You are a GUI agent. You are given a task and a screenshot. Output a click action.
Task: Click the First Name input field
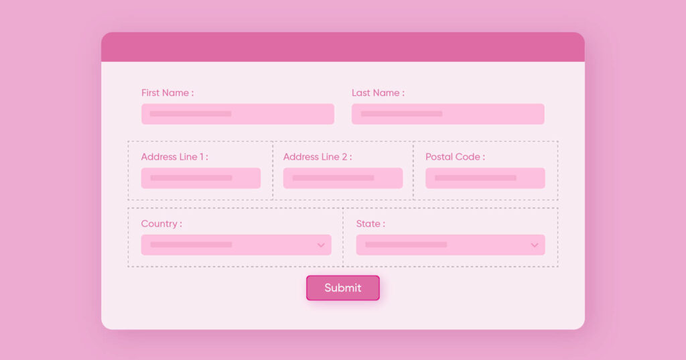pyautogui.click(x=238, y=114)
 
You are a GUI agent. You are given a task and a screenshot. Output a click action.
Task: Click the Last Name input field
pyautogui.click(x=448, y=114)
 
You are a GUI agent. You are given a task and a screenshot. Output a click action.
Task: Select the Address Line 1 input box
pyautogui.click(x=201, y=178)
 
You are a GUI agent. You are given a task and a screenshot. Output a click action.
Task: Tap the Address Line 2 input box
pyautogui.click(x=343, y=178)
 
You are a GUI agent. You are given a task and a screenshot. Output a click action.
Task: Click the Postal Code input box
pyautogui.click(x=485, y=178)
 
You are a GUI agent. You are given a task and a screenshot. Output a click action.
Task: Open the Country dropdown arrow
pyautogui.click(x=321, y=245)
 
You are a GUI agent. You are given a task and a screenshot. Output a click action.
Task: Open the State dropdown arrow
pyautogui.click(x=534, y=245)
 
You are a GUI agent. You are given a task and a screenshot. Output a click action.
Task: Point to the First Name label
pyautogui.click(x=167, y=93)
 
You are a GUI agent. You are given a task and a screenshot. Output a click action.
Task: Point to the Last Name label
pyautogui.click(x=378, y=93)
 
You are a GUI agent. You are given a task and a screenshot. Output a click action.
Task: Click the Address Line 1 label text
pyautogui.click(x=175, y=157)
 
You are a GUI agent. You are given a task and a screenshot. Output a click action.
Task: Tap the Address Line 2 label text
pyautogui.click(x=318, y=157)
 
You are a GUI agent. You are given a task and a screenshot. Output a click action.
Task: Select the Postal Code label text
pyautogui.click(x=456, y=157)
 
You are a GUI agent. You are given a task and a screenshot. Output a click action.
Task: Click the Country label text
pyautogui.click(x=161, y=224)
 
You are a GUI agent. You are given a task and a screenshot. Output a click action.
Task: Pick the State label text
pyautogui.click(x=370, y=224)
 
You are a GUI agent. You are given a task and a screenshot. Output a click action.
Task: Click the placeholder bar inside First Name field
pyautogui.click(x=191, y=114)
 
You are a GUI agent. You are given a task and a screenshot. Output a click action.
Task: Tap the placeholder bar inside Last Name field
pyautogui.click(x=402, y=114)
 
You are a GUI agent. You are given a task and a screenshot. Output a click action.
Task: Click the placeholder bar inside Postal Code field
pyautogui.click(x=476, y=178)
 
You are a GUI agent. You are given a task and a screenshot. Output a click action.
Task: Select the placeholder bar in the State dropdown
pyautogui.click(x=406, y=245)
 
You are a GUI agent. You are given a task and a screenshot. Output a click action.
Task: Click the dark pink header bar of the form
pyautogui.click(x=343, y=47)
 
